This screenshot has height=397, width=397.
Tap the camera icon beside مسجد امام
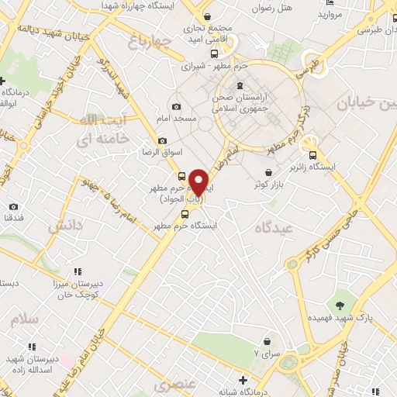point(176,106)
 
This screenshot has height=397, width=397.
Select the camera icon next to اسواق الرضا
point(162,140)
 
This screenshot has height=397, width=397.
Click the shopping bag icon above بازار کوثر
point(268,171)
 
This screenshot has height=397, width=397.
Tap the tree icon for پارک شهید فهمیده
point(339,305)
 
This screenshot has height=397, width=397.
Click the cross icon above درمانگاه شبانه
point(243,380)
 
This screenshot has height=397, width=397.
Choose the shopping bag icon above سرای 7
point(268,340)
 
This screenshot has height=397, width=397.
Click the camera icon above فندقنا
point(13,206)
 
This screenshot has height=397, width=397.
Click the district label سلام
point(24,319)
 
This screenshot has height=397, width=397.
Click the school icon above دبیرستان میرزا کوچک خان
point(77,271)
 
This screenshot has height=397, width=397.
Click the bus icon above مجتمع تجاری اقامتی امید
point(206,16)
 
